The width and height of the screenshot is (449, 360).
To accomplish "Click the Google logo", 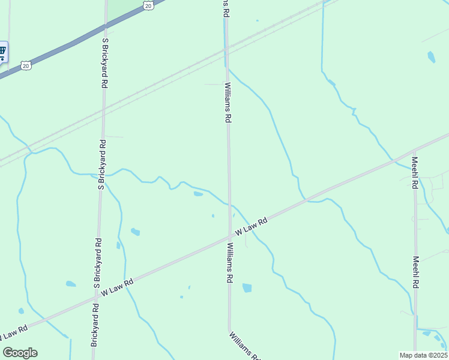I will [x=20, y=353].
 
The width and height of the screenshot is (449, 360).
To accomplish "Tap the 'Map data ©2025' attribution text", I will [x=423, y=355].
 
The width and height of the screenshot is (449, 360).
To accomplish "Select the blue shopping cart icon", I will [x=2, y=52].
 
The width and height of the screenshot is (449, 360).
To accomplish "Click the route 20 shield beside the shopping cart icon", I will [x=25, y=65].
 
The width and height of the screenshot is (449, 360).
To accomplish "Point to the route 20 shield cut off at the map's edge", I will [x=148, y=4].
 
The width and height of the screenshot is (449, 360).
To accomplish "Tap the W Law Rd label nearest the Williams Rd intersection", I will [x=251, y=226].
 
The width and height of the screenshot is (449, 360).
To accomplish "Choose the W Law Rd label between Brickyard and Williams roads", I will [x=117, y=287].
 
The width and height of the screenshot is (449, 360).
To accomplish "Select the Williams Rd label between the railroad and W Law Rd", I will [x=228, y=103].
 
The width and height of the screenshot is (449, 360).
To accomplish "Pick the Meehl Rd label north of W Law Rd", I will [x=414, y=173].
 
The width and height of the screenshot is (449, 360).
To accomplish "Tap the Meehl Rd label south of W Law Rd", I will [x=415, y=272].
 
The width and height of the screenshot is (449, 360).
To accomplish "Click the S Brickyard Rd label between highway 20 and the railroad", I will [x=105, y=63].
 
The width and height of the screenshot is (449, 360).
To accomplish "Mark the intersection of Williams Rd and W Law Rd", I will [x=229, y=236].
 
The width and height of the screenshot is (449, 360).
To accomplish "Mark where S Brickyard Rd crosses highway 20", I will [x=106, y=26].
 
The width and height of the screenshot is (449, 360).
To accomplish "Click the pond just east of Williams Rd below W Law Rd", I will [x=247, y=288].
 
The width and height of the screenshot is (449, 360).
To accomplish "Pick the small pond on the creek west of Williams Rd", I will [x=198, y=194].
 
